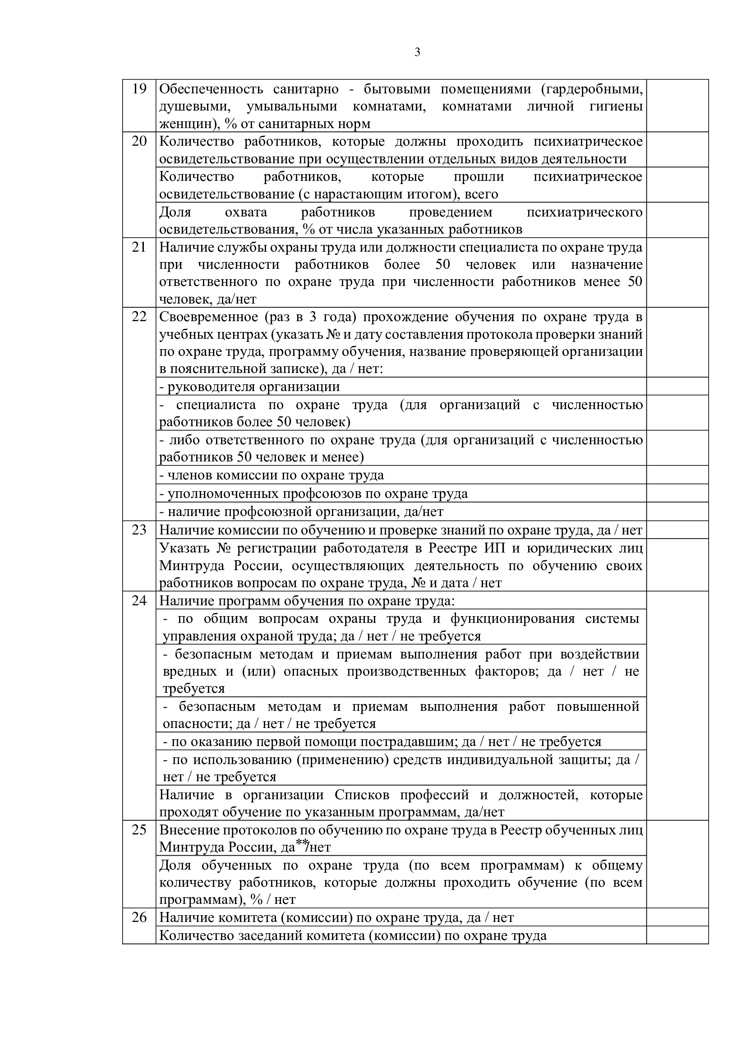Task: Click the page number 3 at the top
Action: (x=417, y=53)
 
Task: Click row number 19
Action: (x=139, y=88)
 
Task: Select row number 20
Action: (x=139, y=141)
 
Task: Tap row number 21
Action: (x=139, y=247)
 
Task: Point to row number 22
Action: (x=139, y=317)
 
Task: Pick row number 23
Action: (x=139, y=530)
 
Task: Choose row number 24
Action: (x=139, y=600)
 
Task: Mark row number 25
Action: (x=139, y=830)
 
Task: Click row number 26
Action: (x=139, y=917)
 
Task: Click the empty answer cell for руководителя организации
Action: (x=677, y=387)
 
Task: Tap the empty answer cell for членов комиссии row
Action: (x=677, y=475)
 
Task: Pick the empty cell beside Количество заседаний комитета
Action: (x=677, y=935)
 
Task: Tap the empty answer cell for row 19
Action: (x=677, y=106)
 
